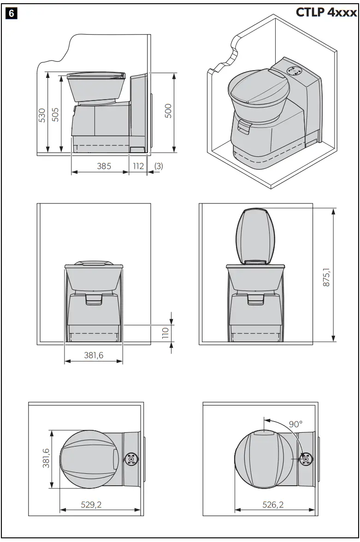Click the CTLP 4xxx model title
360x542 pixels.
(x=326, y=12)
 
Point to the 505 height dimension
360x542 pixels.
(x=55, y=114)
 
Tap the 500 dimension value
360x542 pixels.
(x=168, y=111)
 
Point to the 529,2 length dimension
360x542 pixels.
(x=91, y=505)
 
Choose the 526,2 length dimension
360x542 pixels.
(x=273, y=505)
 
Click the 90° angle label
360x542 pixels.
(x=295, y=424)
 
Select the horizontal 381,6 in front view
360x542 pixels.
(x=94, y=356)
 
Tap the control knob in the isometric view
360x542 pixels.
(x=294, y=71)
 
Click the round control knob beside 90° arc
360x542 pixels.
(x=305, y=459)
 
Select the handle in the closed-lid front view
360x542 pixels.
(x=94, y=300)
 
